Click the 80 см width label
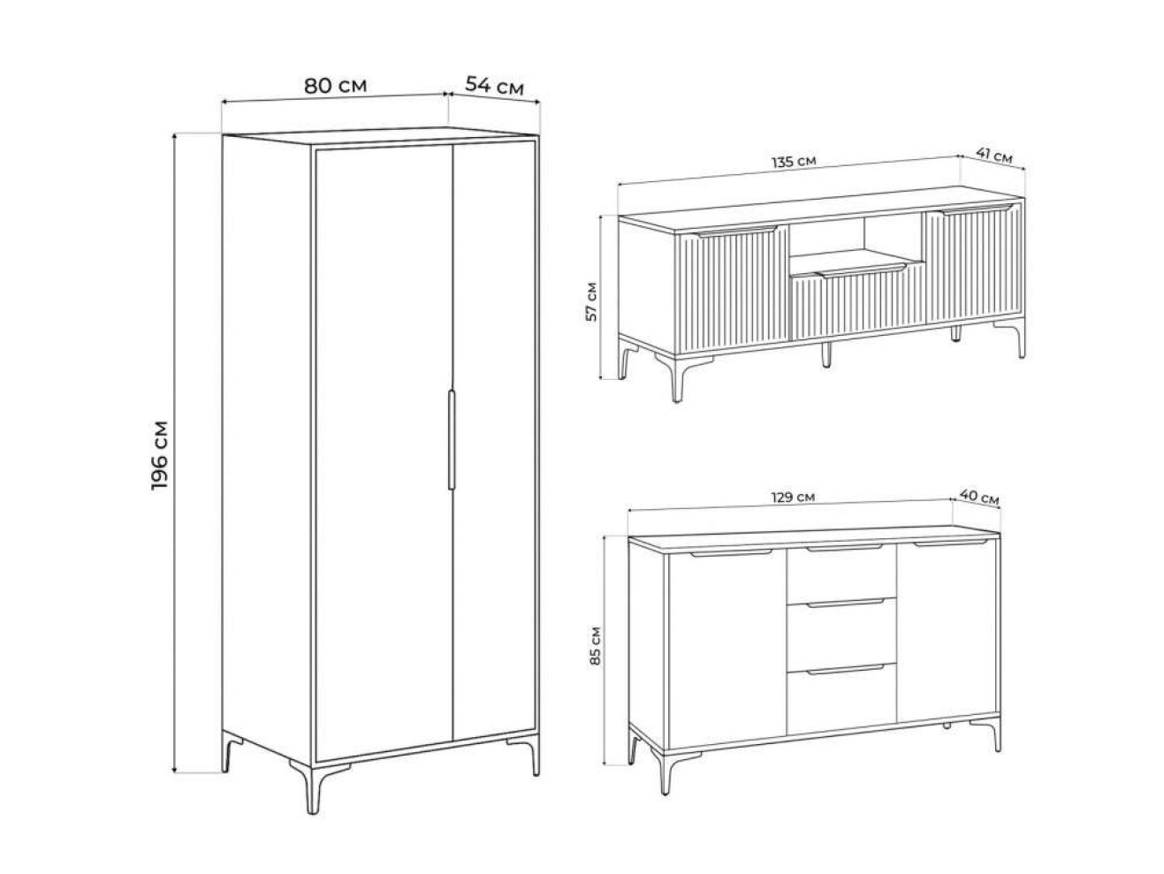[335, 86]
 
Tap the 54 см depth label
[494, 86]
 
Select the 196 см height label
[160, 455]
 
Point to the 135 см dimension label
[794, 162]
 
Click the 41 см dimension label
[994, 156]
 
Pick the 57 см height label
[591, 301]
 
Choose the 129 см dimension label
[793, 498]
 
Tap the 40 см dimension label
[979, 497]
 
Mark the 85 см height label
[596, 646]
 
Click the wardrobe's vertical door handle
[452, 439]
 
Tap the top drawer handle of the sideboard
[845, 548]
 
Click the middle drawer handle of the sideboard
[845, 603]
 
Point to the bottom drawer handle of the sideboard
[845, 669]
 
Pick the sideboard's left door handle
[731, 553]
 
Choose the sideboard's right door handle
[951, 543]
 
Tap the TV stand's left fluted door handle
[735, 232]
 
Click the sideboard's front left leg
[670, 772]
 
